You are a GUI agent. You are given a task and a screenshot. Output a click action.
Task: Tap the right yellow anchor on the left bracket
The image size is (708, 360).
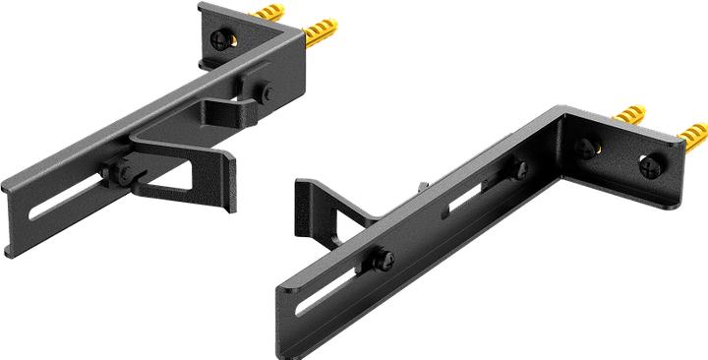323,38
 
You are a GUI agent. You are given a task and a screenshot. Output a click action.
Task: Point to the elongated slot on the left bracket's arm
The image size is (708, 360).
69,200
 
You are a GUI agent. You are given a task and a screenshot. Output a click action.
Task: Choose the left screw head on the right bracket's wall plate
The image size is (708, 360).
587,149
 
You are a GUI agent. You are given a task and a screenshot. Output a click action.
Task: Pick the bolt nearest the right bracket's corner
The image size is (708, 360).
519,170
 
